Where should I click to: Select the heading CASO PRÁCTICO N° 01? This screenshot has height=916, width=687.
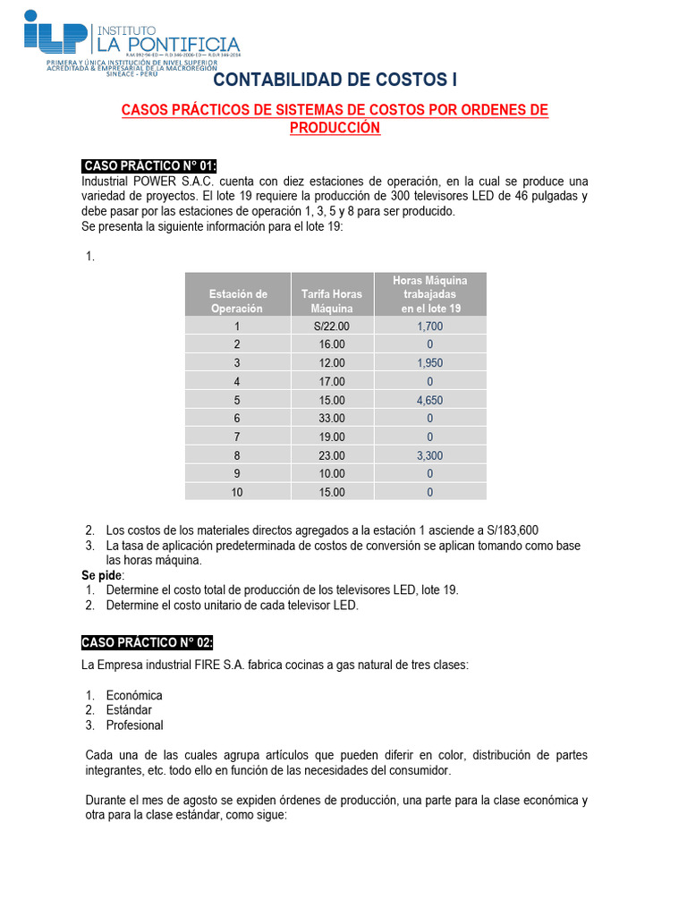(x=149, y=165)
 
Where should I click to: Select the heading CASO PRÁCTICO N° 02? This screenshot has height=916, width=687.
(x=148, y=642)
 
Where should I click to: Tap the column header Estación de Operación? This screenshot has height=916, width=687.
(x=237, y=301)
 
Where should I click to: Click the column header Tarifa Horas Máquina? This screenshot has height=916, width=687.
(x=332, y=301)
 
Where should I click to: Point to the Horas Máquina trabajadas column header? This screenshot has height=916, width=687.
(x=429, y=294)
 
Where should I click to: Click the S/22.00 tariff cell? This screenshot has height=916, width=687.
(x=332, y=327)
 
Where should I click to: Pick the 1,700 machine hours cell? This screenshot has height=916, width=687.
(x=429, y=327)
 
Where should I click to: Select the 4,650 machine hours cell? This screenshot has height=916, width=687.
(x=429, y=400)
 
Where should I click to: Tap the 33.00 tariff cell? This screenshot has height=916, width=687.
(x=332, y=419)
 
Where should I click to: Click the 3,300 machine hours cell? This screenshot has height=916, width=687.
(x=429, y=455)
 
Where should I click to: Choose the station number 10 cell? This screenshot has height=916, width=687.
(x=237, y=492)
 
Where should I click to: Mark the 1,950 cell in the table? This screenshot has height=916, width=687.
(x=429, y=363)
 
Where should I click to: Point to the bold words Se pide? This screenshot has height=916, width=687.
(x=102, y=574)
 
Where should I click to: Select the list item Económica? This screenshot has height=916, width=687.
(x=134, y=695)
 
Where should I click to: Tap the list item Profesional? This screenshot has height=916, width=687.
(x=134, y=725)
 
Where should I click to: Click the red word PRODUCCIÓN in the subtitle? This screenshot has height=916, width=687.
(x=335, y=128)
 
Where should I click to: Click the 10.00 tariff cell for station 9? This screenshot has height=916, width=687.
(x=332, y=473)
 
